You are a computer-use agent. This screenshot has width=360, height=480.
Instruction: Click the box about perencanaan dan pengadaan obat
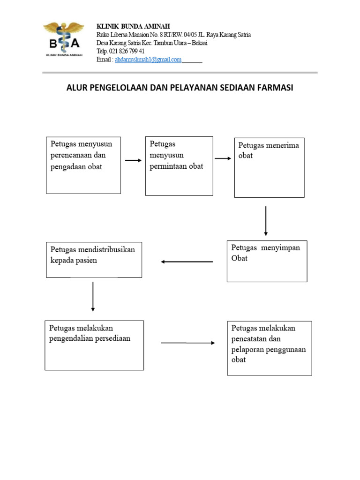tap(83, 165)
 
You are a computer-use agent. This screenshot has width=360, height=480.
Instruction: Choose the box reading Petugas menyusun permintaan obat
tap(179, 166)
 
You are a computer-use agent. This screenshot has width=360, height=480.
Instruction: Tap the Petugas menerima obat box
tap(269, 167)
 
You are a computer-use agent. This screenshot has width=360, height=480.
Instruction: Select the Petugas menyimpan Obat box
tap(267, 261)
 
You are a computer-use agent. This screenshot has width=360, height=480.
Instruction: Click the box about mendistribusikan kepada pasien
tap(94, 260)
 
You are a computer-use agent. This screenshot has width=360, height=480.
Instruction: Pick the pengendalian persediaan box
tap(94, 345)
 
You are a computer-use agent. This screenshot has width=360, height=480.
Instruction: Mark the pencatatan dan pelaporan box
tap(269, 348)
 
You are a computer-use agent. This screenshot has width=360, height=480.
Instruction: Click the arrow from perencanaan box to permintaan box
tap(133, 161)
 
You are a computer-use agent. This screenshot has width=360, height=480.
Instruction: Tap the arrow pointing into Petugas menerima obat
tap(223, 158)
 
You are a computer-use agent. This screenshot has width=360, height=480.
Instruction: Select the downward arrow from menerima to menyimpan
tap(266, 220)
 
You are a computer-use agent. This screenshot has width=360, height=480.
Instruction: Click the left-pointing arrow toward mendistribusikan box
tap(187, 262)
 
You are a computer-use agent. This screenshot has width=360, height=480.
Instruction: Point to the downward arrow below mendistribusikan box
tap(93, 296)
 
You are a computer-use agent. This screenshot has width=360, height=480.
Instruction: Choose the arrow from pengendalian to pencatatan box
tap(187, 343)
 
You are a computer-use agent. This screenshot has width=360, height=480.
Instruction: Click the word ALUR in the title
tap(77, 88)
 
